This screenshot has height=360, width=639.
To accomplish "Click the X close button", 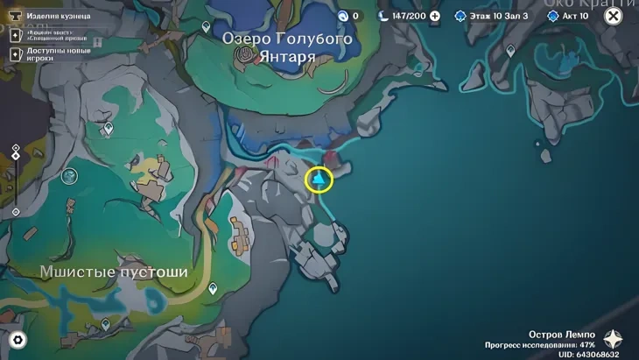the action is (614, 16).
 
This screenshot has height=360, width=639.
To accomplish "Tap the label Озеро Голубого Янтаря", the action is (287, 47).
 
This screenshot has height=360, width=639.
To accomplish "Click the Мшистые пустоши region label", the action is (114, 272).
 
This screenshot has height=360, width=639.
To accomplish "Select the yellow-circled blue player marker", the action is (319, 180).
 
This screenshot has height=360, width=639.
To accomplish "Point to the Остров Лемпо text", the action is (562, 335).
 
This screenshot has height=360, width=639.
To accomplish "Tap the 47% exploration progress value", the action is (586, 344).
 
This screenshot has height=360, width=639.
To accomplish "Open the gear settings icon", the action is (17, 340).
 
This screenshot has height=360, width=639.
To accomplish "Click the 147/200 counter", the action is (409, 16).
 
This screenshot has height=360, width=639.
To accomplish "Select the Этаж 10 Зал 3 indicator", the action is (493, 16).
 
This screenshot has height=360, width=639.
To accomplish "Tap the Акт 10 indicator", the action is (573, 16).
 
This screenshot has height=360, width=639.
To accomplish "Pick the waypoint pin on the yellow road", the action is (213, 288).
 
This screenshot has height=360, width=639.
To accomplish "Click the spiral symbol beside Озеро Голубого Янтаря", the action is (247, 56).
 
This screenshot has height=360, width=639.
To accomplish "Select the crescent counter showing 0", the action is (348, 16).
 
